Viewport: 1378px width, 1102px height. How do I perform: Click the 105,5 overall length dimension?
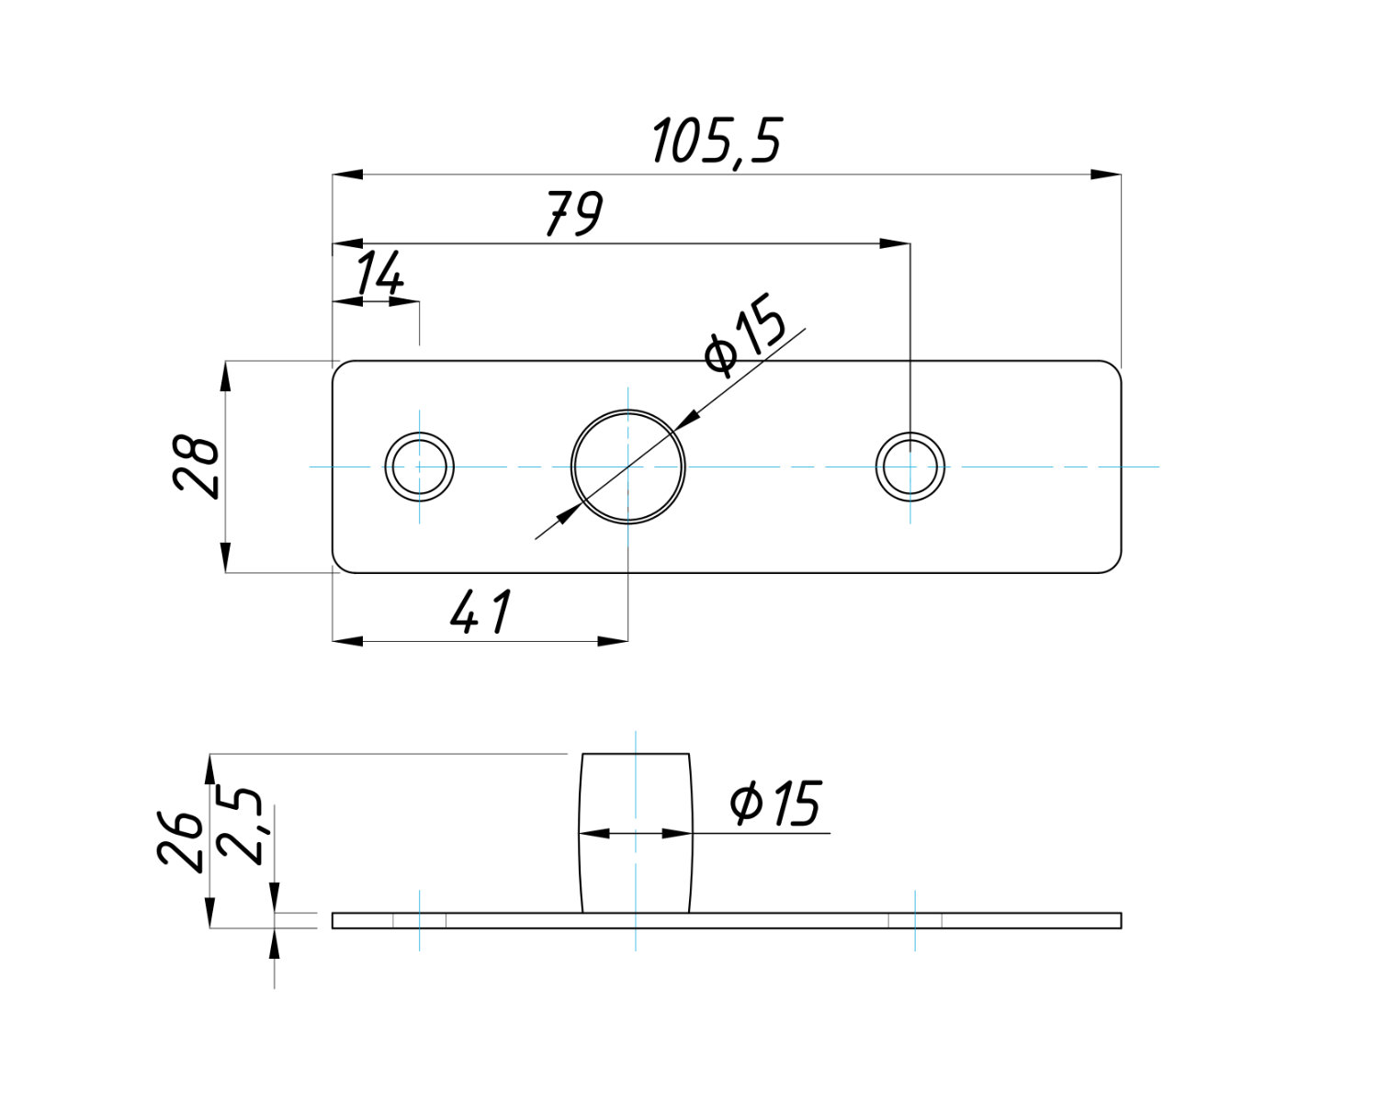tap(717, 142)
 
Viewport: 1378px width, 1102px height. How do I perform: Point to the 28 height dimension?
tap(197, 467)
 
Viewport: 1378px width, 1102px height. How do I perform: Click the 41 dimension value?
tap(480, 613)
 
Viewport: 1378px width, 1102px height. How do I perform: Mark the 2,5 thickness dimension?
tap(242, 825)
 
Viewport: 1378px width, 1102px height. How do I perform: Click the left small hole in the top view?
tap(419, 467)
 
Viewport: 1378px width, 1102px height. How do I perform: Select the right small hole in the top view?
tap(910, 467)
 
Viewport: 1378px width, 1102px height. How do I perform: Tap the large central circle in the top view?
tap(628, 467)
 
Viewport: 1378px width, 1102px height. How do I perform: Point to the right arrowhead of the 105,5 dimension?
tap(1106, 174)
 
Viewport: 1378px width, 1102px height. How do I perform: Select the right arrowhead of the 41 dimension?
tap(613, 640)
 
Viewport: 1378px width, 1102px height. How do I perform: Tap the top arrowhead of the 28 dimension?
tap(226, 376)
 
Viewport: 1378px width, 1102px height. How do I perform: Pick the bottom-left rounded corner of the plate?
tap(338, 567)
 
